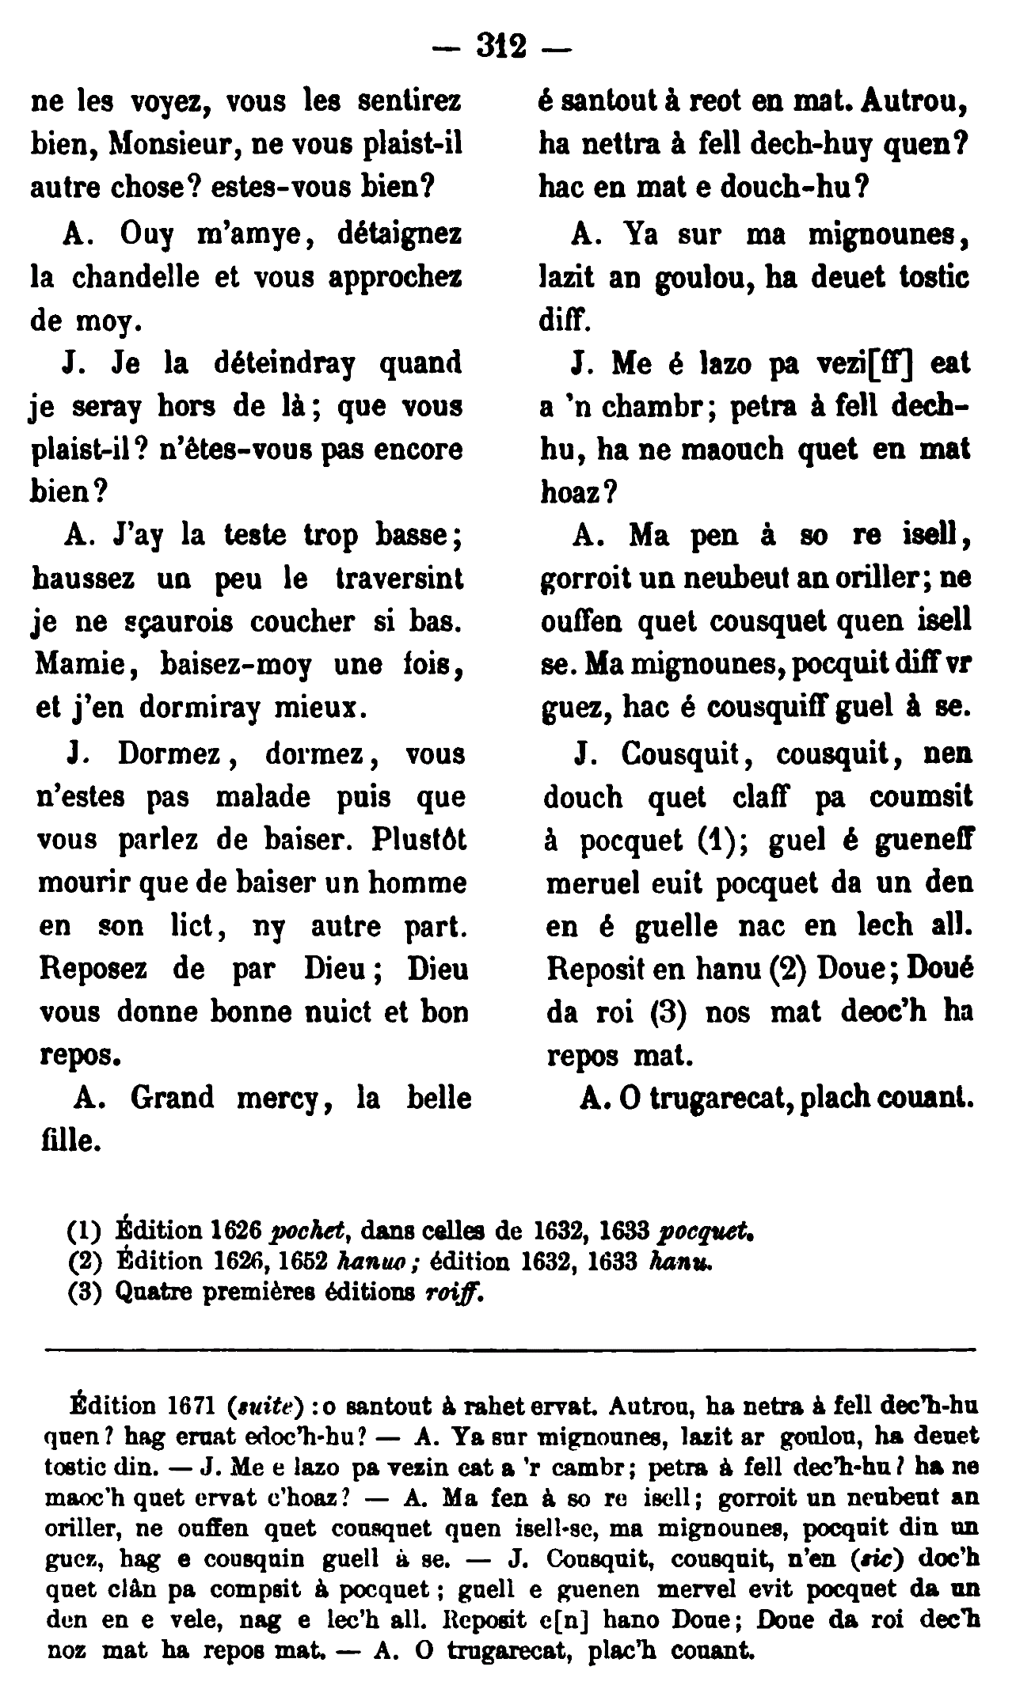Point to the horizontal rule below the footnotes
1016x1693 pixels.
(510, 1349)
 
